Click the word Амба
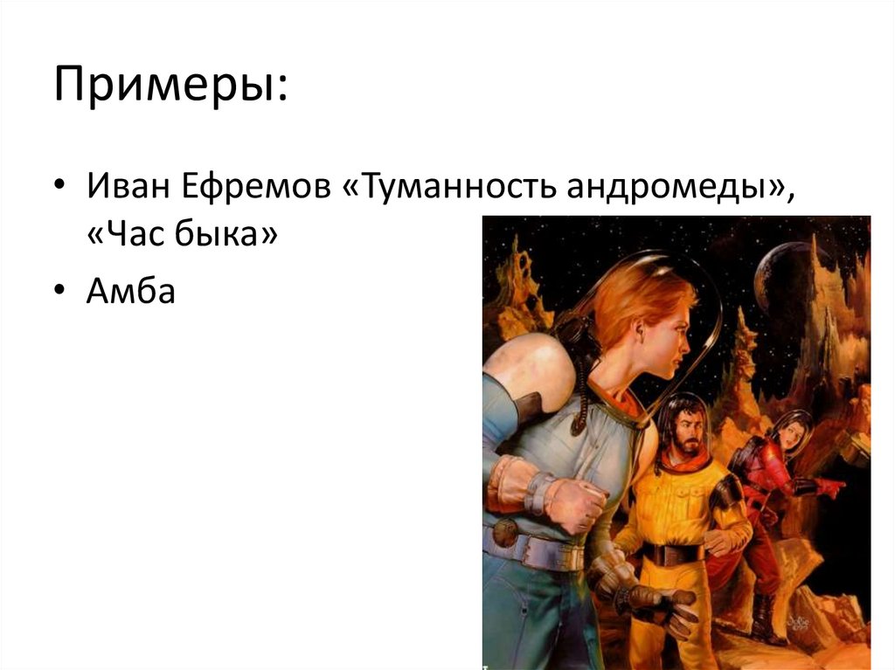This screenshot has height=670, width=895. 131,292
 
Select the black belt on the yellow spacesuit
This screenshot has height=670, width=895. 674,553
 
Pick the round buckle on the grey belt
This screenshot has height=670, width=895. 505,532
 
